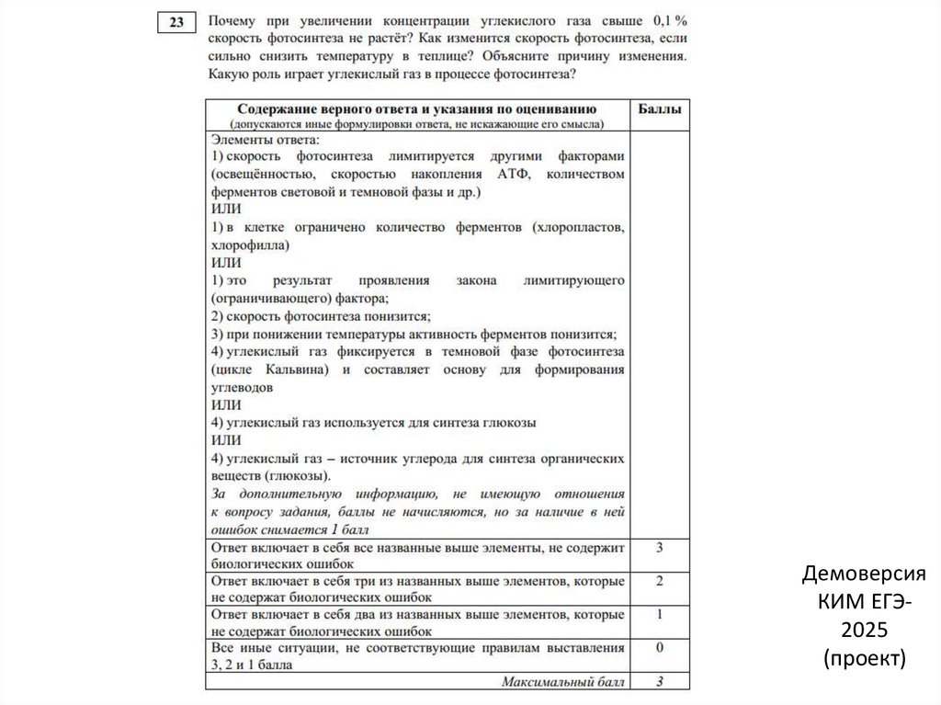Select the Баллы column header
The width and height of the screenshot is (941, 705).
(x=659, y=108)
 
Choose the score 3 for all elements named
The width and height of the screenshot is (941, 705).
(x=659, y=547)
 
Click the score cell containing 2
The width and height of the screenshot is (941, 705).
(x=659, y=581)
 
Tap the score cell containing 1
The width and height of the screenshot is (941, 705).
(x=659, y=614)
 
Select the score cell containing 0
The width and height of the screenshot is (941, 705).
(x=659, y=648)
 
